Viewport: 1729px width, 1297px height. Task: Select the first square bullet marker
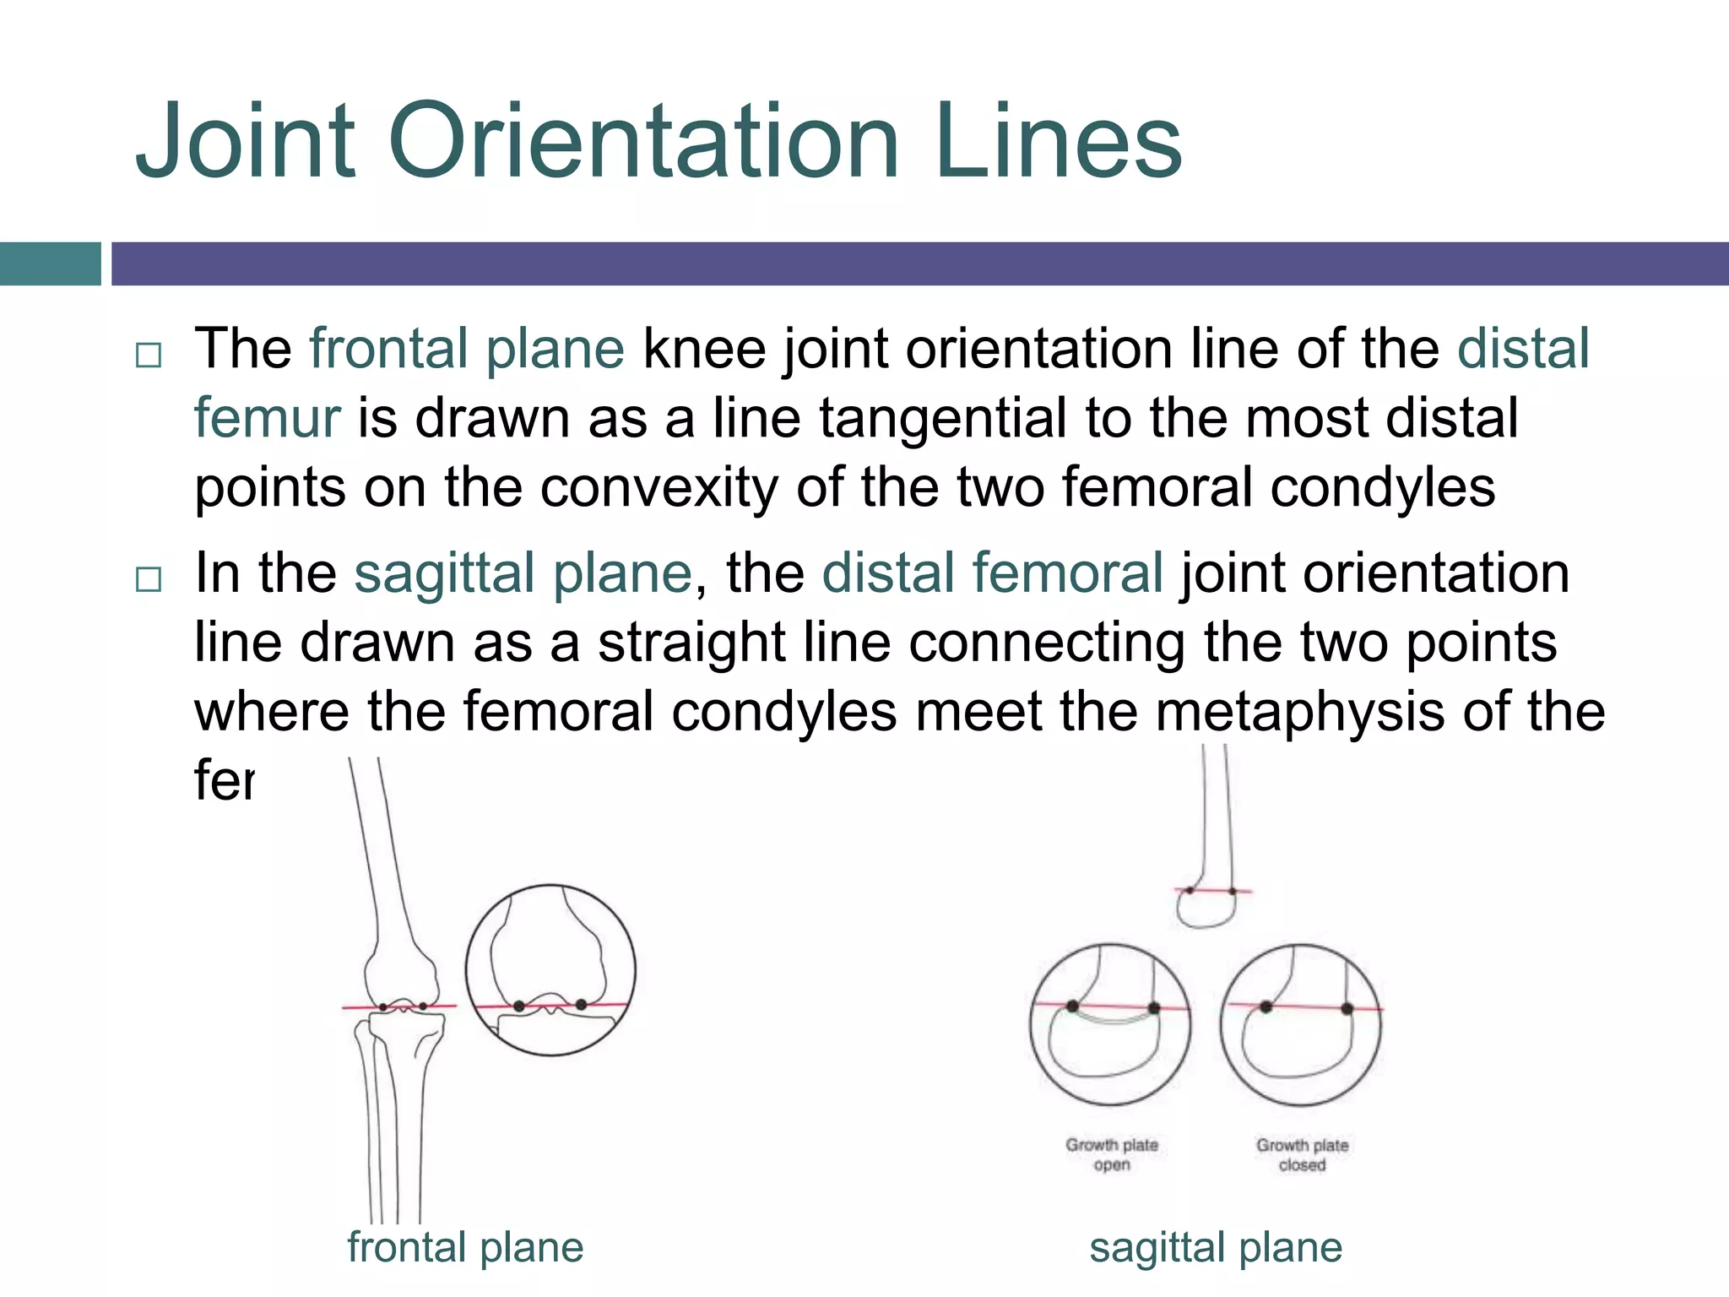click(149, 355)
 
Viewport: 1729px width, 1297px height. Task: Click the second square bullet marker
click(149, 579)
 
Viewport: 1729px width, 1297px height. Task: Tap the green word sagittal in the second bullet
click(444, 573)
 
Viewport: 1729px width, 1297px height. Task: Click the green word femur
click(267, 418)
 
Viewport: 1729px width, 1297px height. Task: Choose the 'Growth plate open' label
click(1112, 1154)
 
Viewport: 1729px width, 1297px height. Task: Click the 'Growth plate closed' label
click(1302, 1154)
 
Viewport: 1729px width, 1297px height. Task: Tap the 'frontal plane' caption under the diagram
click(465, 1247)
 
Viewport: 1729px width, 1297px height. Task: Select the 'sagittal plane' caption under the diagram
click(1216, 1247)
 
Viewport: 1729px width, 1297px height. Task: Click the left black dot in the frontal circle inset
click(519, 1006)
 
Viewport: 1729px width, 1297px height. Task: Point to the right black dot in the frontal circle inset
click(581, 1004)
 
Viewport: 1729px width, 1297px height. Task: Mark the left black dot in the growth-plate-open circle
click(1072, 1006)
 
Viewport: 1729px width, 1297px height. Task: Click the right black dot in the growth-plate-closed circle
click(1347, 1008)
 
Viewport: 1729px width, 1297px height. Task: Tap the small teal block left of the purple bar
click(51, 263)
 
